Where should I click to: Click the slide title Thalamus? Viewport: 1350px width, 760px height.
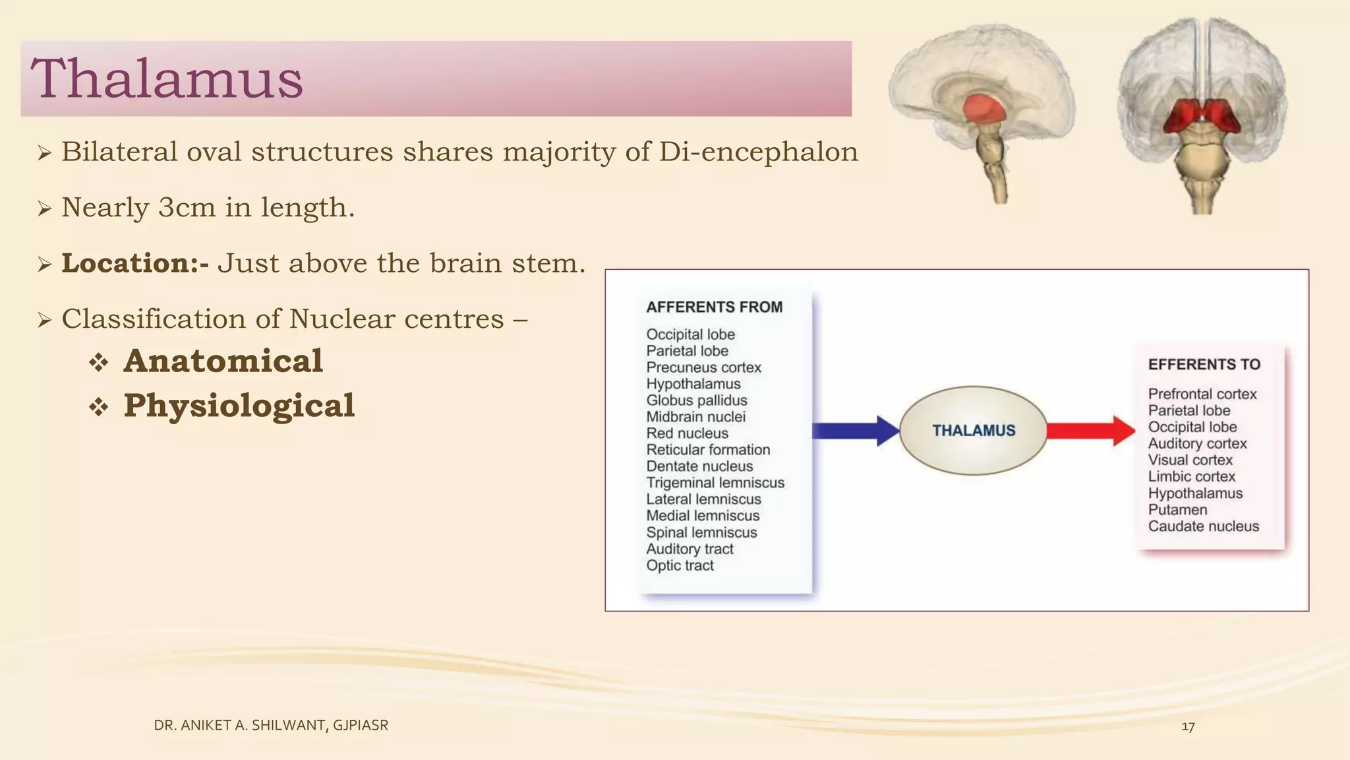tap(166, 79)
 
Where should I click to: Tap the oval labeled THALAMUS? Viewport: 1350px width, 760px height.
tap(973, 431)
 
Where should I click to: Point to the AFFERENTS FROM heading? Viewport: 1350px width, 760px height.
tap(714, 307)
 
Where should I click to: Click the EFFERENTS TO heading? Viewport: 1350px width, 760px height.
tap(1204, 365)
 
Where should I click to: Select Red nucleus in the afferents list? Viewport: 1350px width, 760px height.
tap(687, 433)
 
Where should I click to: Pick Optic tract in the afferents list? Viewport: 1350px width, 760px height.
tap(680, 565)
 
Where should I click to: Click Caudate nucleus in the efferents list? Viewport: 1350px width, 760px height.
tap(1203, 526)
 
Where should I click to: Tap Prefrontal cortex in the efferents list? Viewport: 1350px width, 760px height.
tap(1202, 394)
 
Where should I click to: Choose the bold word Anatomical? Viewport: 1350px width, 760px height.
tap(223, 362)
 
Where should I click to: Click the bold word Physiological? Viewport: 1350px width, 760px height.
tap(239, 406)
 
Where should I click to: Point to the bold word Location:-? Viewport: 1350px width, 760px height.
tap(135, 263)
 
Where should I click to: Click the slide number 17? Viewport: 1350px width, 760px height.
tap(1188, 727)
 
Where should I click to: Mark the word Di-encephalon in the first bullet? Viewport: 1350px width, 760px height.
tap(758, 152)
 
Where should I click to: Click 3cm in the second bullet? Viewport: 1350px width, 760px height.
tap(187, 208)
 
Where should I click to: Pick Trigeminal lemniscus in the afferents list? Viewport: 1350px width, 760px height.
tap(715, 483)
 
